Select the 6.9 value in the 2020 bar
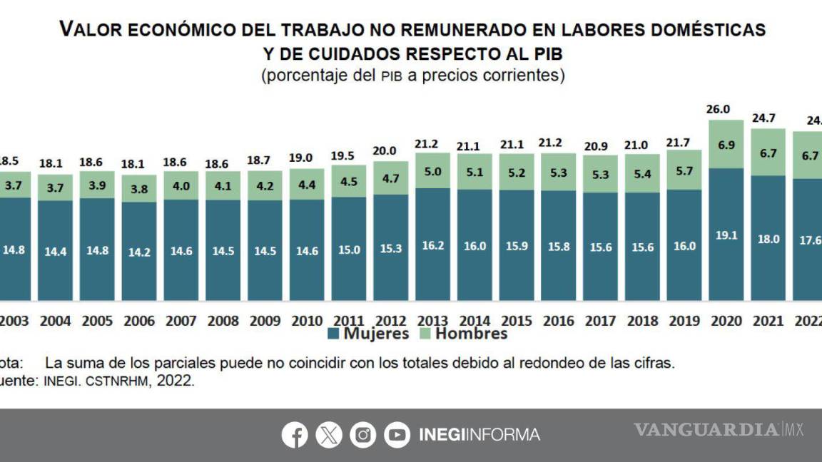726,145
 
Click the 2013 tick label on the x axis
433,321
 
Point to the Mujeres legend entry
369,334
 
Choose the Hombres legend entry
463,334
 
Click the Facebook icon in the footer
295,434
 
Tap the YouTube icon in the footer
397,434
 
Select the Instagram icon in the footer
362,434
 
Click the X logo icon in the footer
329,434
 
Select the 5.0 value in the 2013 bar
432,171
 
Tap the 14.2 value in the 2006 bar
139,252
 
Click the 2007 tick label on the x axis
181,321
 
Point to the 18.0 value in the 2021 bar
768,240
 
